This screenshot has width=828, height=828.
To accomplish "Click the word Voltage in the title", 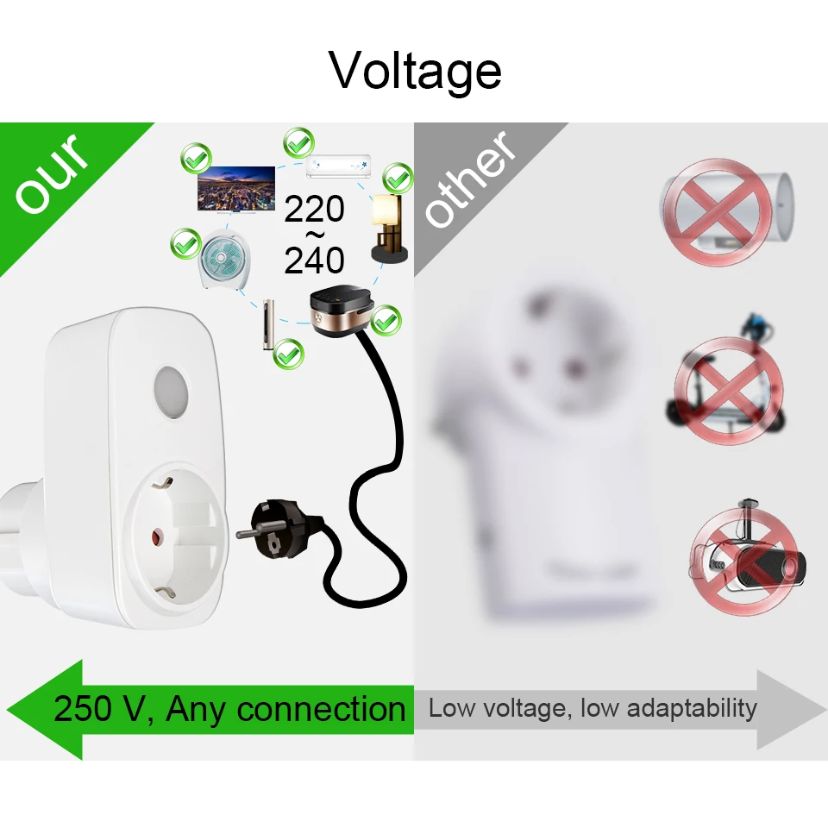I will tap(415, 70).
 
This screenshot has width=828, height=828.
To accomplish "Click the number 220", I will tap(315, 210).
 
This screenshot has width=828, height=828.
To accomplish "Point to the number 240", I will tap(315, 260).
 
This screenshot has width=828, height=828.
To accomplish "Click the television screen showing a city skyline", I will tap(230, 190).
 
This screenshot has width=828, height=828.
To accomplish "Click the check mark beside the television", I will tap(196, 159).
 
